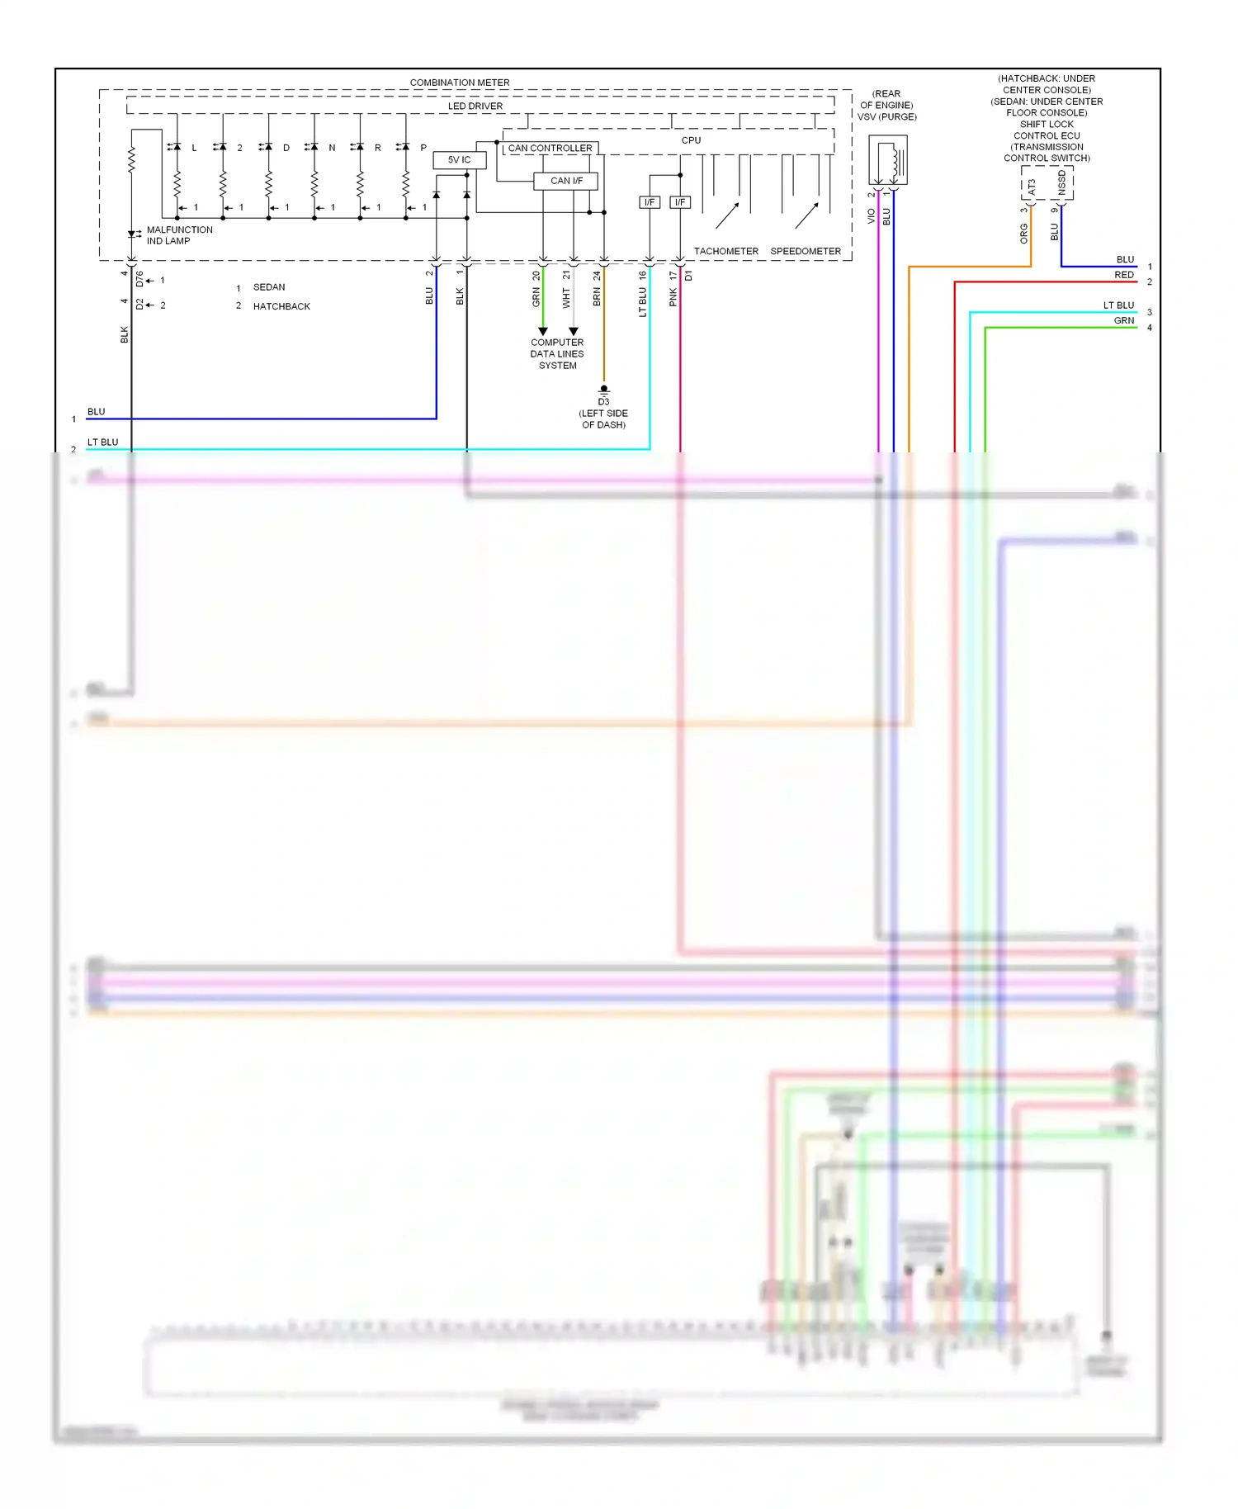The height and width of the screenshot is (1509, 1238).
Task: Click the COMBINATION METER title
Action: coord(459,83)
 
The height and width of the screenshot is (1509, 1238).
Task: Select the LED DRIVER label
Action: coord(475,106)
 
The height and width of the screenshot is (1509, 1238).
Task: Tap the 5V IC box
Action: coord(459,159)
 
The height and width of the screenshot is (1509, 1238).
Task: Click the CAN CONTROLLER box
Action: coord(550,148)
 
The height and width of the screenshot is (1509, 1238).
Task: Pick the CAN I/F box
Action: coord(565,181)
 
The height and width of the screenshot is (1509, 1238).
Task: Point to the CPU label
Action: coord(691,140)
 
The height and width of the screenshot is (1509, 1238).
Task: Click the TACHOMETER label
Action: coord(725,251)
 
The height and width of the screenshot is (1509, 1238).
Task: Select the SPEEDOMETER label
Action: coord(805,251)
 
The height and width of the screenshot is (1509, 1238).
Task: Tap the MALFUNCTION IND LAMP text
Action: coord(179,235)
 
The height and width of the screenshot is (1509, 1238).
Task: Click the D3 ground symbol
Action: coord(603,390)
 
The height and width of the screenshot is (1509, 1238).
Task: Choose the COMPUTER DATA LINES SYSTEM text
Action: coord(557,353)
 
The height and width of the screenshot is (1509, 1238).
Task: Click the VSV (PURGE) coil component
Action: coord(888,162)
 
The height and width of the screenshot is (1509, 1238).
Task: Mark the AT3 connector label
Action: coord(1032,187)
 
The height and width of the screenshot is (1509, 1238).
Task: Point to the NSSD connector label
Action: coord(1062,183)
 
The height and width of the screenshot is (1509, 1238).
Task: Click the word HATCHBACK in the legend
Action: coord(281,306)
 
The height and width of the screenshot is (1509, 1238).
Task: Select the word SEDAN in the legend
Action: coord(269,287)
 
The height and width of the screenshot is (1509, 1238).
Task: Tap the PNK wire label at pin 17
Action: coord(673,297)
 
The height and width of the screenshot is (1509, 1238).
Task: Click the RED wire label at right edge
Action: coord(1123,275)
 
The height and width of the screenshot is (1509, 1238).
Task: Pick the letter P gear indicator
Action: coord(423,148)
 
